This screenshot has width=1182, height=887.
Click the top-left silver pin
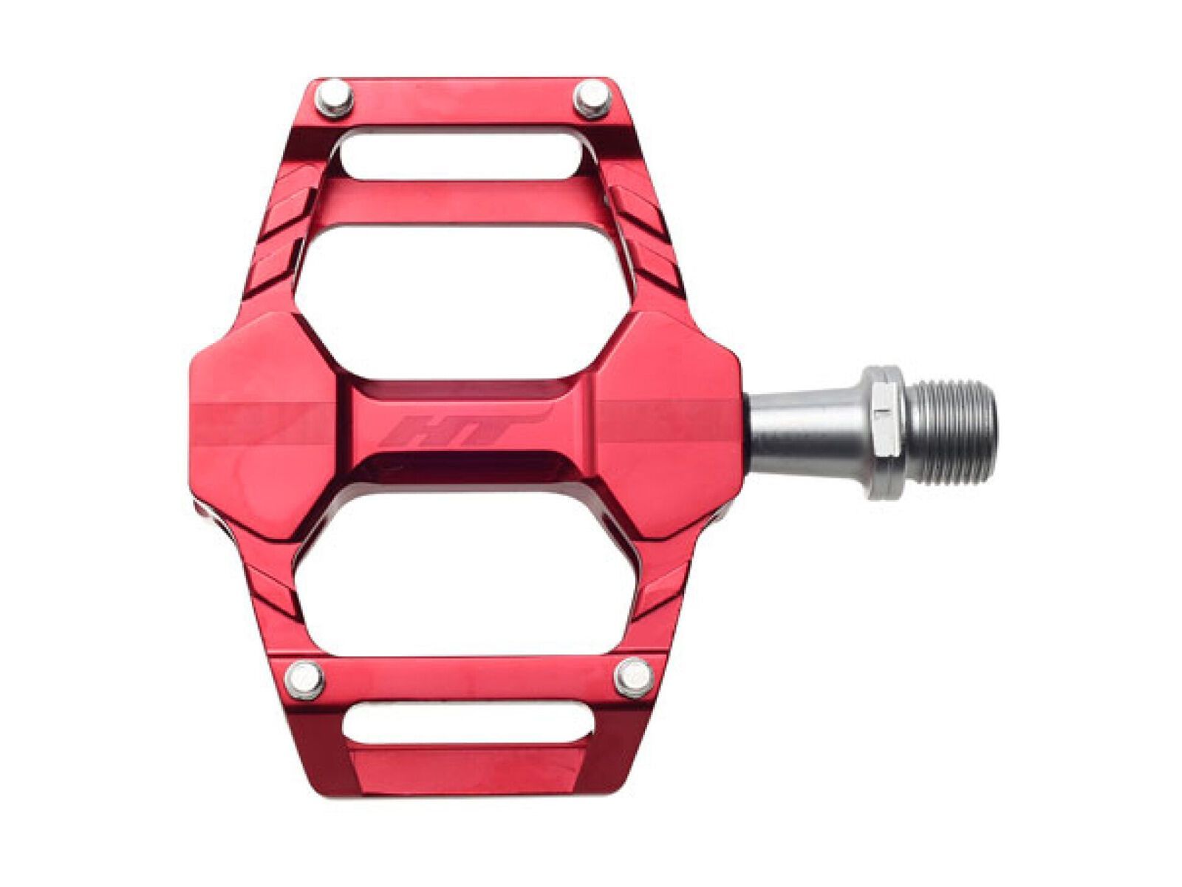pyautogui.click(x=333, y=99)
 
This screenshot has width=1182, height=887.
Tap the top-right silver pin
pyautogui.click(x=592, y=98)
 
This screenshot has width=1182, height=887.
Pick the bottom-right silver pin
pyautogui.click(x=634, y=678)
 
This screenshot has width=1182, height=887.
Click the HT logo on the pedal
pyautogui.click(x=462, y=431)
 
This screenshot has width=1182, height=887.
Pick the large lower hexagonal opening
pyautogui.click(x=465, y=569)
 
